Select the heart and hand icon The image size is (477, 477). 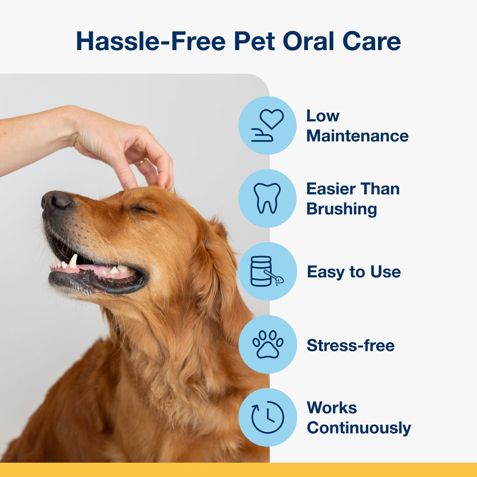pos(268,125)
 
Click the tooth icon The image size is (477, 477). pos(267,198)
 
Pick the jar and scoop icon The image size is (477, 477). pos(267,271)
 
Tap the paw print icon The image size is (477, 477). pos(268,344)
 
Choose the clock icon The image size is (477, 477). pos(268,417)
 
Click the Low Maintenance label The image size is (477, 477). pos(357,126)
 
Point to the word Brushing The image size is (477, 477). pos(341,209)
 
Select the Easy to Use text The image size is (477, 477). pos(354,272)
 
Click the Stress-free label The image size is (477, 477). pos(351,345)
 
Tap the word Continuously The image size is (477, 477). pos(359,428)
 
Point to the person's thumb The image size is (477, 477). pos(124,174)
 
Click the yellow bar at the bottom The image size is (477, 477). pos(238,470)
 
